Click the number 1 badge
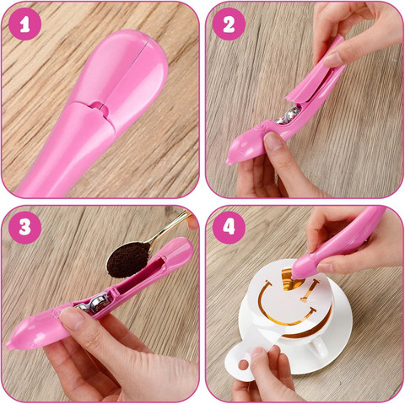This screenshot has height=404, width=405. point(24,24)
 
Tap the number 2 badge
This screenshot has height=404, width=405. point(229,24)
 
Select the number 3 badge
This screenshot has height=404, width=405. point(24,228)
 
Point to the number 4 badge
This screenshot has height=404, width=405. point(229,228)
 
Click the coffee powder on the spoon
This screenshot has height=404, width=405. point(128,259)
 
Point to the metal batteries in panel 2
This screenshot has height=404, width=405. point(288,116)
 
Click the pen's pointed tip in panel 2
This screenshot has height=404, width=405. point(228,163)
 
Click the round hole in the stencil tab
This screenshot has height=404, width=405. point(243,364)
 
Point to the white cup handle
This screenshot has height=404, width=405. point(318,348)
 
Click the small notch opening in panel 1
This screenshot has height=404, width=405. point(99,107)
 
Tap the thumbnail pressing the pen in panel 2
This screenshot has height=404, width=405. point(273,142)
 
